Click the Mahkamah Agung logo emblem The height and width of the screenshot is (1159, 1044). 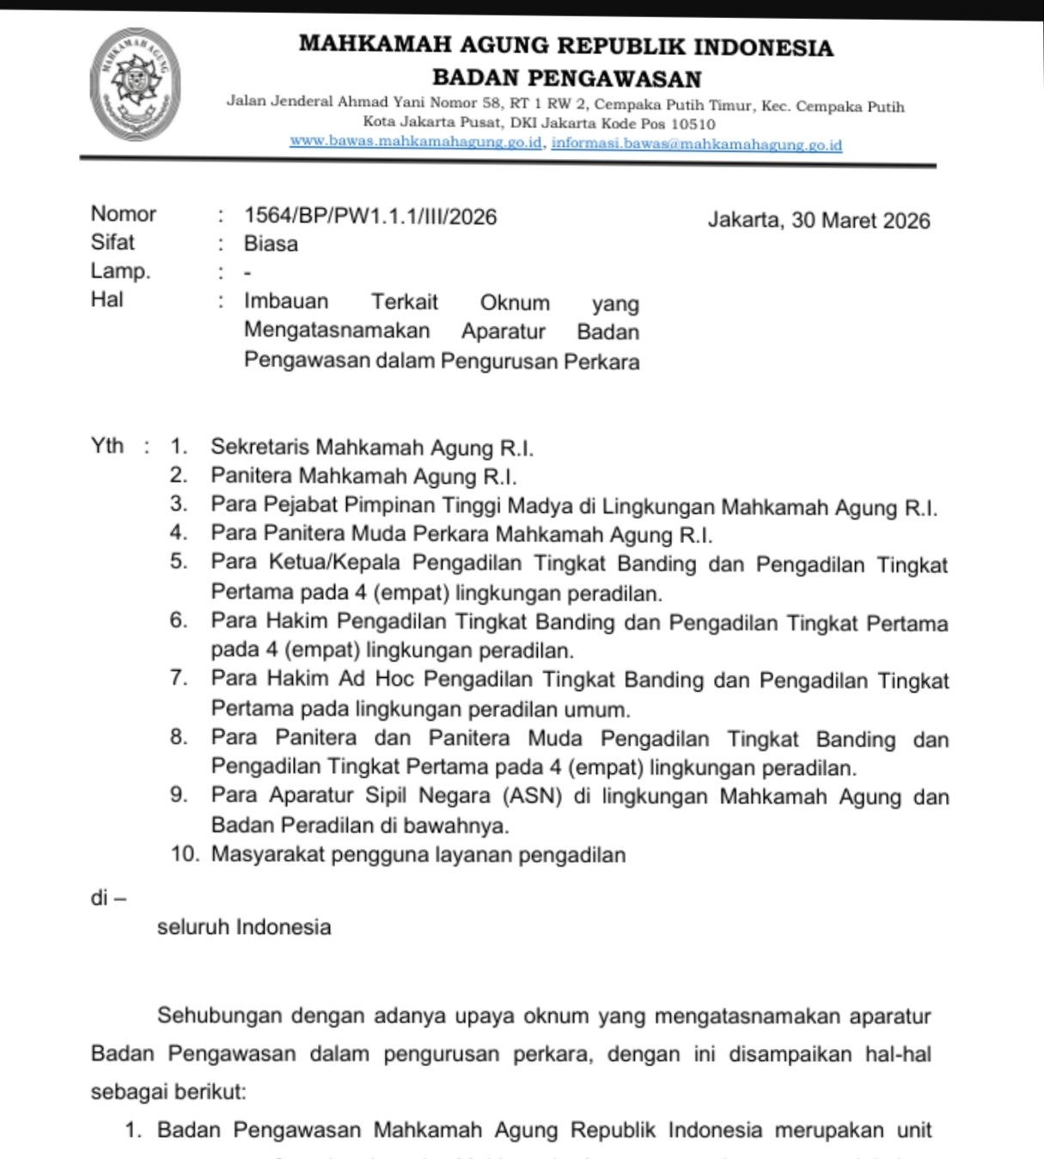[x=135, y=83]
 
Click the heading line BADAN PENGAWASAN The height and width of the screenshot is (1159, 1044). [x=566, y=78]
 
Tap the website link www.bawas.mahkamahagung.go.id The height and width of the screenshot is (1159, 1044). [x=416, y=142]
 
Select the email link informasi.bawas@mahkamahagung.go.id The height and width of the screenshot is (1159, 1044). [x=697, y=143]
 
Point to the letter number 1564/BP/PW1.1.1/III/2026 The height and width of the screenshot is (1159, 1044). [x=370, y=217]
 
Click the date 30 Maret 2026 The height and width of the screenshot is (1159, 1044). [x=860, y=220]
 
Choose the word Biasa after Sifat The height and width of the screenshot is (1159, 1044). [x=271, y=244]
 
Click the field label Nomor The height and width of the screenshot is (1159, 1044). [x=124, y=214]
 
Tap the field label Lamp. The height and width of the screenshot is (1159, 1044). [x=120, y=271]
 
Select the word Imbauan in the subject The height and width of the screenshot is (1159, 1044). [x=286, y=302]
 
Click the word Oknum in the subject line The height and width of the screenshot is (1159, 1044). [x=515, y=302]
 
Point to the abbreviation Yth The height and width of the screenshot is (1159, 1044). [x=107, y=446]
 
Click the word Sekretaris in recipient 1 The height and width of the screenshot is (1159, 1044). [x=260, y=448]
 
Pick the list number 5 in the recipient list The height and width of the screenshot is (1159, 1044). [x=179, y=562]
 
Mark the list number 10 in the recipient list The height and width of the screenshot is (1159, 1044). [x=185, y=855]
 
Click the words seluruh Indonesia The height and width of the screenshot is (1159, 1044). [x=244, y=927]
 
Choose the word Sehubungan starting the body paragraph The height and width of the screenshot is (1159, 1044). [x=219, y=1016]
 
